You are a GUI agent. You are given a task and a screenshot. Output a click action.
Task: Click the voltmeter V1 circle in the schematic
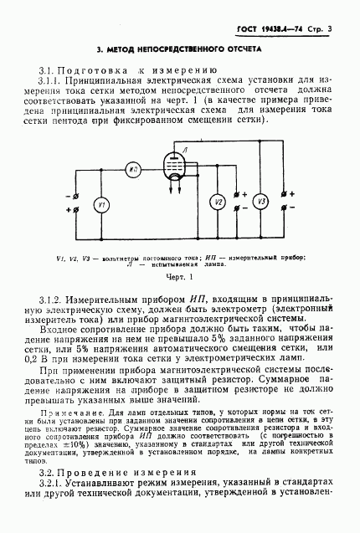[100, 206]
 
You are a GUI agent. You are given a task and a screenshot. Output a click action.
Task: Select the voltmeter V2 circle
[216, 202]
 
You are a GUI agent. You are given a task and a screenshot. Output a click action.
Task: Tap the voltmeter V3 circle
[260, 202]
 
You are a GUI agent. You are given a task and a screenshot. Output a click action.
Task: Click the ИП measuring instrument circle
[134, 169]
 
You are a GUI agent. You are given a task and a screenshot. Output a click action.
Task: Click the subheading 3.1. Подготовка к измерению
[105, 71]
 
